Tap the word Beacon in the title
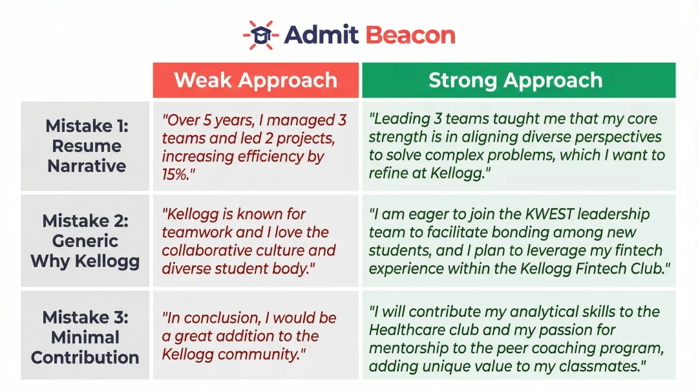click(x=410, y=35)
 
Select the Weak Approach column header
click(x=255, y=80)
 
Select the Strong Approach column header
click(x=516, y=80)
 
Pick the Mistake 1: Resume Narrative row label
click(x=86, y=146)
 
